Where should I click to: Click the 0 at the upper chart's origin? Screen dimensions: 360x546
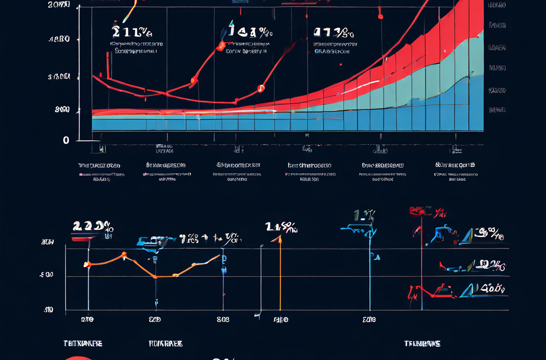(x=66, y=140)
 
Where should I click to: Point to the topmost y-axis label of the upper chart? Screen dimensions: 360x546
(x=59, y=5)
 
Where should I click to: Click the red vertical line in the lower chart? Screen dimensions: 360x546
(x=422, y=267)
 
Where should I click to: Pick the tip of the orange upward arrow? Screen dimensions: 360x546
(x=279, y=238)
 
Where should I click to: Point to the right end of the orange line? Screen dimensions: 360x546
(x=219, y=255)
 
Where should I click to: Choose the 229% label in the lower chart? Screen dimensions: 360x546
(x=92, y=226)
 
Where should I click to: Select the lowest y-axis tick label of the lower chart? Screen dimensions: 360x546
(x=48, y=309)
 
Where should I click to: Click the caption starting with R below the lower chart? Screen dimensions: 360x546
(x=165, y=344)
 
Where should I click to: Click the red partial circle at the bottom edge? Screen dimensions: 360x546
(x=79, y=358)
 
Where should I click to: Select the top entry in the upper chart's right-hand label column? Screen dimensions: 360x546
(x=497, y=5)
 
